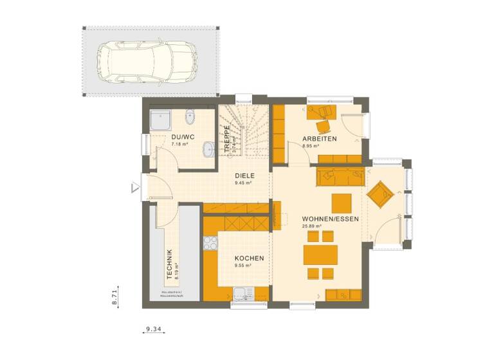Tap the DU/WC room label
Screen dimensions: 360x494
[x=183, y=137]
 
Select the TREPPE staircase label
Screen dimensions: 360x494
[x=226, y=137]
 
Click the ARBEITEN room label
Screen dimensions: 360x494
[x=320, y=139]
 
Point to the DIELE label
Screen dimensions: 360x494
[x=244, y=175]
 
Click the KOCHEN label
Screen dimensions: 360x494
[x=249, y=258]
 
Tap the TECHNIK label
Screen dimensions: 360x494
[x=169, y=264]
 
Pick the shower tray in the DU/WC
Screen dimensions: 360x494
[x=161, y=120]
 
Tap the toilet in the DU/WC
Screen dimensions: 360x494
[x=190, y=118]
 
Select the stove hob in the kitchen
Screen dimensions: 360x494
[x=210, y=243]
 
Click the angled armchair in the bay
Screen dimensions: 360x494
[x=380, y=194]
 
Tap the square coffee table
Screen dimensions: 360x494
[x=342, y=203]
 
